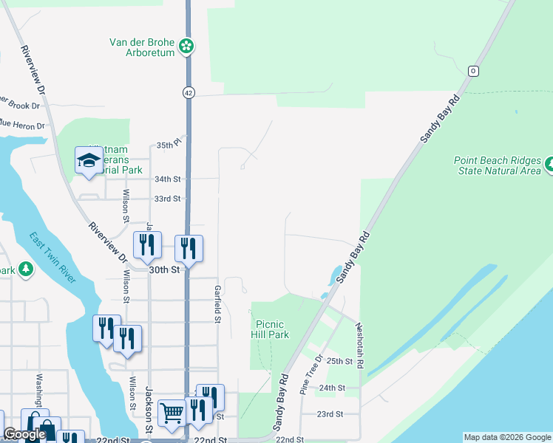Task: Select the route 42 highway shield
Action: [189, 92]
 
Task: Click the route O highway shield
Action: [473, 71]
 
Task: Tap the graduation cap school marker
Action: [89, 161]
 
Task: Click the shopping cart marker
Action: [172, 413]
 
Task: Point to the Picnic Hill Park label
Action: [271, 329]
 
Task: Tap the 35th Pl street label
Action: [169, 145]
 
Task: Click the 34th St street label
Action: [167, 179]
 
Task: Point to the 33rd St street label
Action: [167, 199]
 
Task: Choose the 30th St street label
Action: [165, 270]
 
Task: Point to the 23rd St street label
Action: [330, 414]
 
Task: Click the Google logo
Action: [24, 435]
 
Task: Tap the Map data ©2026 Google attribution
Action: [506, 437]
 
